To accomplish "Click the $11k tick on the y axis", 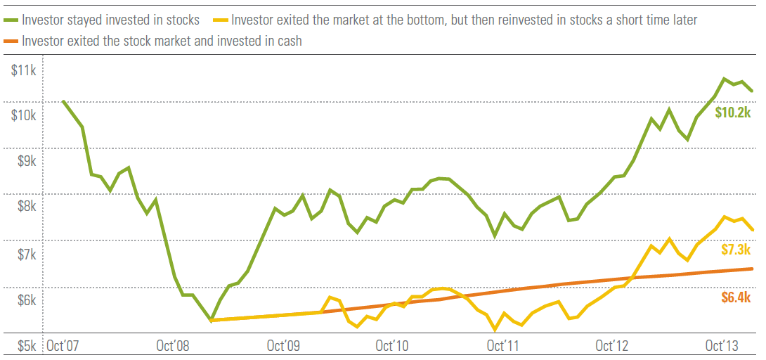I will (25, 70).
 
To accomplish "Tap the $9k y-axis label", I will (27, 162).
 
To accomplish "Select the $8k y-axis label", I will (27, 207).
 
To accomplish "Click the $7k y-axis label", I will (27, 254).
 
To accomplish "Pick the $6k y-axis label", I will (27, 300).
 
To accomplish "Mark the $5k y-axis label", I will (27, 346).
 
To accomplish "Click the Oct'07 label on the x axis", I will (63, 346).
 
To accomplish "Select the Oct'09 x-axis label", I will (284, 346).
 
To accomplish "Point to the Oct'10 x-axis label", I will (393, 346).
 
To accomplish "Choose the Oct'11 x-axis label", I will (503, 346).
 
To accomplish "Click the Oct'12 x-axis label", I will (612, 346).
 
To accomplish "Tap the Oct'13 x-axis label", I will (722, 346).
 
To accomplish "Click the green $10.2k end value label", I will (733, 112).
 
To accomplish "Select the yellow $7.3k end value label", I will (736, 250).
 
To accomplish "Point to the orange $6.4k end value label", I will (736, 297).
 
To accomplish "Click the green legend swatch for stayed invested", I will (12, 20).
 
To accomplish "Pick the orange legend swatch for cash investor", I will (12, 41).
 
